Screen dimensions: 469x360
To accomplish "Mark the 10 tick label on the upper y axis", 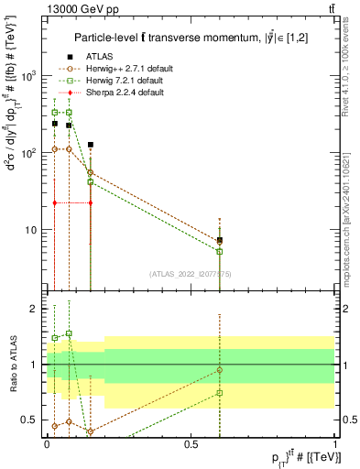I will click(x=36, y=230).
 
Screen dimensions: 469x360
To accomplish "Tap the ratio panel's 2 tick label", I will click(x=38, y=309).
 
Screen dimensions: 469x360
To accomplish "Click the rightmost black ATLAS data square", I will click(x=220, y=240).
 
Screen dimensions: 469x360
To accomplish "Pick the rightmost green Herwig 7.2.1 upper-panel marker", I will click(x=220, y=251).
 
